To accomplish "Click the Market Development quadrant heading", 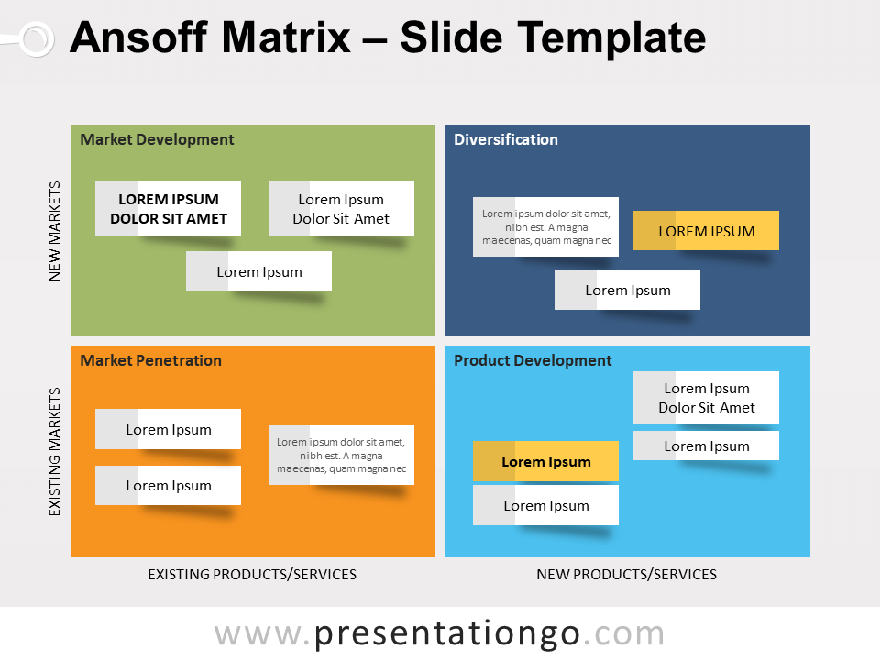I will click(x=157, y=139).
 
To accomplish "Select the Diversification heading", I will click(x=505, y=139).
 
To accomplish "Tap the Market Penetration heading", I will click(x=150, y=360).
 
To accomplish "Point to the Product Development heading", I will click(x=533, y=360).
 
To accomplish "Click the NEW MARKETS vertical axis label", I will click(x=54, y=230).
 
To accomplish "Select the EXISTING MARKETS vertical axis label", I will click(x=54, y=451).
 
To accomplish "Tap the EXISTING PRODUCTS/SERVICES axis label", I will click(x=252, y=575).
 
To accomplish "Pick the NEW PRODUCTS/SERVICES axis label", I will click(x=626, y=575).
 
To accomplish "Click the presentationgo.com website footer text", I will click(x=439, y=633).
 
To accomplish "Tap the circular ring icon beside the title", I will click(x=36, y=38).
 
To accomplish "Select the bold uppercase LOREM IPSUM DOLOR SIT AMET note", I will click(x=168, y=209).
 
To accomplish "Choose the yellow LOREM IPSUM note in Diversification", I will click(x=706, y=231).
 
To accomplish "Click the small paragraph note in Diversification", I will click(x=545, y=227).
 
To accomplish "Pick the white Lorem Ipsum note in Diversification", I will click(x=627, y=290).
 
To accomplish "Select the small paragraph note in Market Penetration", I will click(x=341, y=455).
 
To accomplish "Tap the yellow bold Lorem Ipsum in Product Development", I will click(x=545, y=461).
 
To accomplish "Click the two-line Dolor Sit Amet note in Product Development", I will click(x=706, y=398).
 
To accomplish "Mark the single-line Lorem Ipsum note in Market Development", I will click(x=258, y=271).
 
